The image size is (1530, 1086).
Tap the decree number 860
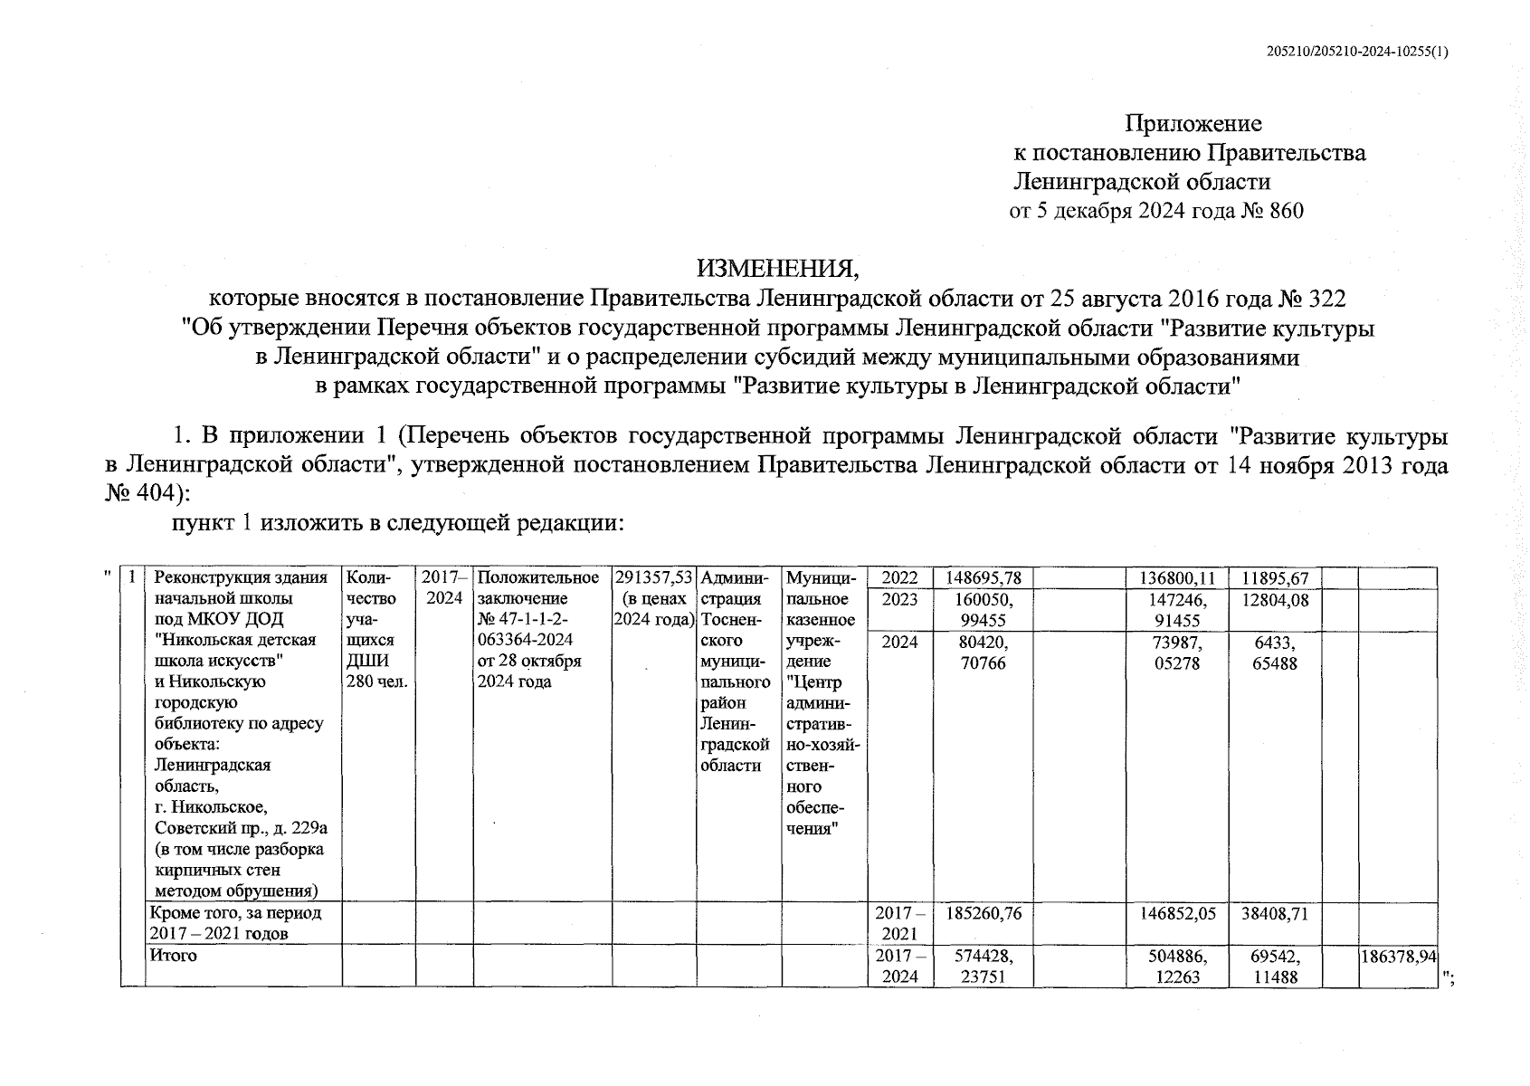pyautogui.click(x=1287, y=212)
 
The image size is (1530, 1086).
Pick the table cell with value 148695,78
pyautogui.click(x=984, y=578)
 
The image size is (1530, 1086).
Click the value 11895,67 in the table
pyautogui.click(x=1275, y=578)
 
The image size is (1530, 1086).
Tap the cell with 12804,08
pyautogui.click(x=1275, y=599)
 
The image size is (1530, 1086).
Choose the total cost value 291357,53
pyautogui.click(x=653, y=578)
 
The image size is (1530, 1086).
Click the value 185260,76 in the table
pyautogui.click(x=984, y=914)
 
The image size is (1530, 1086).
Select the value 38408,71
pyautogui.click(x=1275, y=914)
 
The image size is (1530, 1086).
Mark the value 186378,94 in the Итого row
pyautogui.click(x=1399, y=957)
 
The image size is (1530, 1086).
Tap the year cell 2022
pyautogui.click(x=899, y=578)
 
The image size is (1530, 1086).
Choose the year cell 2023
pyautogui.click(x=899, y=599)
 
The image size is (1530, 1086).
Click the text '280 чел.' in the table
pyautogui.click(x=376, y=681)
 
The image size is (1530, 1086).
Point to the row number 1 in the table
pyautogui.click(x=134, y=577)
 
